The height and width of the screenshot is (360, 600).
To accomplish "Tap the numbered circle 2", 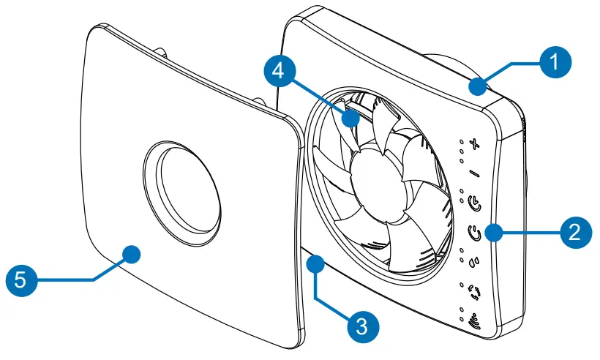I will click(x=575, y=233).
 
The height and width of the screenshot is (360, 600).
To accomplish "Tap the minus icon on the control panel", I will click(x=474, y=173).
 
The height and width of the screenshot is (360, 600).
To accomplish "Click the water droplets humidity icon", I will click(x=474, y=258).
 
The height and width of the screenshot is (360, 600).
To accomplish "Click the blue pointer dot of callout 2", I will click(x=495, y=233).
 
